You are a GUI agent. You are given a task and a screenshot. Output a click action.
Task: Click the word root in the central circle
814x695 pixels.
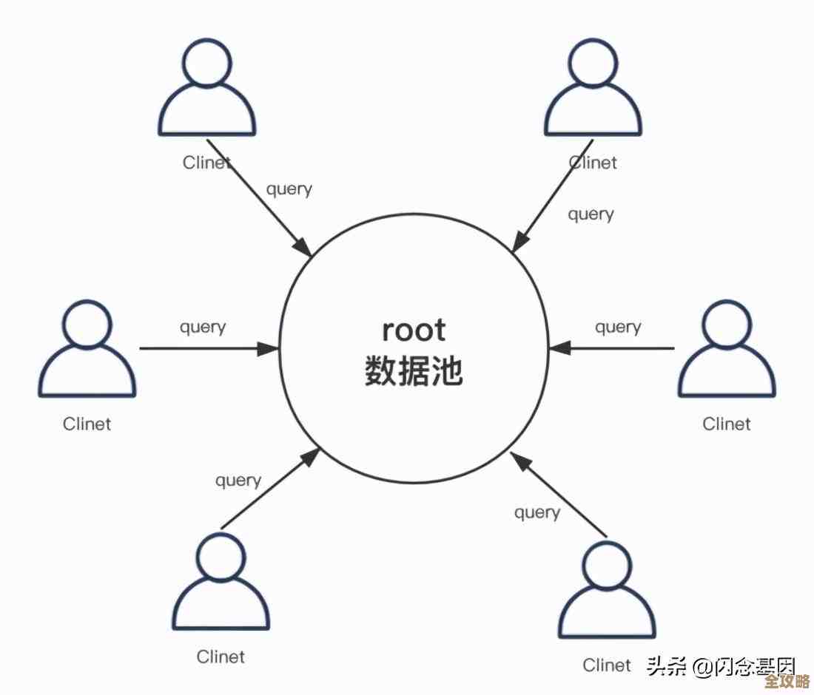coord(414,330)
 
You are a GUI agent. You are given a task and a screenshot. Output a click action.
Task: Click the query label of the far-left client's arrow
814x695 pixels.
coord(203,326)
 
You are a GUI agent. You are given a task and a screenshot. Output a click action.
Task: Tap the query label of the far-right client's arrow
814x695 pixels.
coord(618,326)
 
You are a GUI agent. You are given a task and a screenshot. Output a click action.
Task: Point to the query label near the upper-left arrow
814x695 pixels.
coord(289,189)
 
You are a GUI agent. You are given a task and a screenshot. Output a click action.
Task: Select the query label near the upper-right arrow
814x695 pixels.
coord(591,214)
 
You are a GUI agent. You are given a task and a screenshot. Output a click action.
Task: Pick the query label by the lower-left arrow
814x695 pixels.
coord(238,481)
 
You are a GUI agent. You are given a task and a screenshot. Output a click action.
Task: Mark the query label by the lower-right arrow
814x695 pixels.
coord(537,512)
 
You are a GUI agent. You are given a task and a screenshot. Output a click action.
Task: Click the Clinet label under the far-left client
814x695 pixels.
coord(87,424)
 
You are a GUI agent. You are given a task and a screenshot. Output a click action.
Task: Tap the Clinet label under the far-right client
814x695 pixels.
coord(727,424)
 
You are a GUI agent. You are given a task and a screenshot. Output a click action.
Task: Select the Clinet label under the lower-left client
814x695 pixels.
coord(221,657)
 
